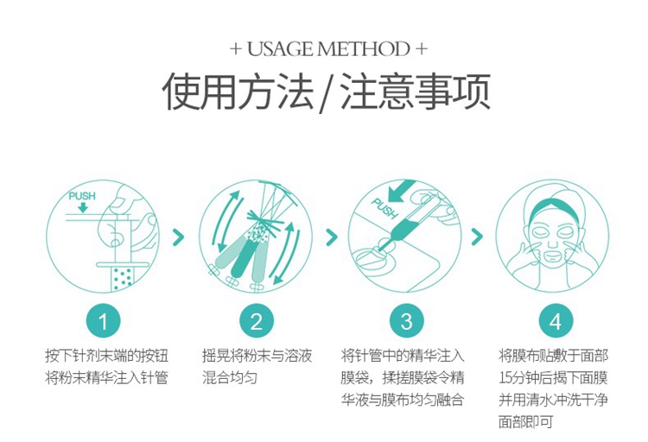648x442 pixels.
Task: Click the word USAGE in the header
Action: coord(280,48)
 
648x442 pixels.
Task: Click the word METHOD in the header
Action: coord(364,48)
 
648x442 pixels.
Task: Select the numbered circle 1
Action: coord(103,321)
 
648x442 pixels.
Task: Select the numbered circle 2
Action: coord(257,321)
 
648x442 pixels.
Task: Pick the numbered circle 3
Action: coord(407,321)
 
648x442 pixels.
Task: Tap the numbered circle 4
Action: coord(556,321)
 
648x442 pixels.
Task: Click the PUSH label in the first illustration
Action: coord(82,196)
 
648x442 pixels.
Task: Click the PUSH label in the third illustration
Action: coord(384,209)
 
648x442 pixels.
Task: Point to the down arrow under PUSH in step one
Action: coord(83,207)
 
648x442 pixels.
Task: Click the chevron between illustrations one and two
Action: coord(179,237)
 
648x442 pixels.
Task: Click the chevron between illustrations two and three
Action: coord(332,237)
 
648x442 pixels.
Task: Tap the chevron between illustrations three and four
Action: coord(477,237)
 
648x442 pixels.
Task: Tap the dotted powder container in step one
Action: coord(123,279)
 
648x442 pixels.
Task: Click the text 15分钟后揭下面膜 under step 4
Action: coord(553,377)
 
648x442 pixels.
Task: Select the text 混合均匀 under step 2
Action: coord(230,377)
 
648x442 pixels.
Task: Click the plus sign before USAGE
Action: coord(236,49)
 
